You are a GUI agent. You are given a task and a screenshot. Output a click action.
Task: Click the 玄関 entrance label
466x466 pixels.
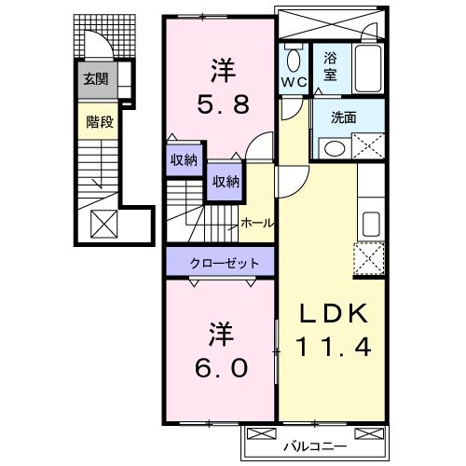[94, 79]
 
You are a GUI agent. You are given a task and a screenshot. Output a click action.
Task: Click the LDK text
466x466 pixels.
[334, 315]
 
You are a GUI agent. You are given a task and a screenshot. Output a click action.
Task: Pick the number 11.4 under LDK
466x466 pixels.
[334, 347]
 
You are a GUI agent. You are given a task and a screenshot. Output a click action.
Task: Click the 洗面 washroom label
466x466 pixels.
[346, 119]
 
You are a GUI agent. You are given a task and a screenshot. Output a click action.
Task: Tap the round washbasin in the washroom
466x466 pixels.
[334, 147]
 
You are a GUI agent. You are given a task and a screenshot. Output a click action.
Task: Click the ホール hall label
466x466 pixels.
[256, 223]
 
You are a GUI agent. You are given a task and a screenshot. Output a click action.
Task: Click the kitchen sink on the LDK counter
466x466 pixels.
[370, 224]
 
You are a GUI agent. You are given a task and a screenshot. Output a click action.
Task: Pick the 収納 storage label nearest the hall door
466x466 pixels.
[224, 181]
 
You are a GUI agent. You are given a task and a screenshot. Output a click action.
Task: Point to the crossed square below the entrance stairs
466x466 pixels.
[103, 224]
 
